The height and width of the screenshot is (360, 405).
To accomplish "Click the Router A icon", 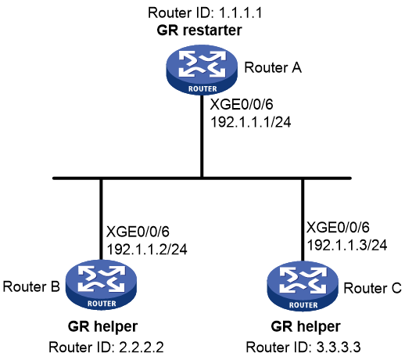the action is pos(202,70).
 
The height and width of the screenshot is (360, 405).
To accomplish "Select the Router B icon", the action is pos(101,285).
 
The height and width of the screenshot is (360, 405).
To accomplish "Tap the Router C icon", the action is pos(303,286).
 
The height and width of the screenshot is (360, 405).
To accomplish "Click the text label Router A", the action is pos(273,68).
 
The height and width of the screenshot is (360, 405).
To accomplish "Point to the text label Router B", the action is pos(31,286).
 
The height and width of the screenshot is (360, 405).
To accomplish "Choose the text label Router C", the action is pos(372,288).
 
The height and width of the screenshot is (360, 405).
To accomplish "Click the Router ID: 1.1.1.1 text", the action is pos(205,13).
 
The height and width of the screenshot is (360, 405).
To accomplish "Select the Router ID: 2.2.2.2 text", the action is pos(106,347).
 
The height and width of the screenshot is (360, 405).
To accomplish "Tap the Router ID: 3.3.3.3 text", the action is pos(303,347).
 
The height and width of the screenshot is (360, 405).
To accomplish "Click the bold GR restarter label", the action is pos(199,30).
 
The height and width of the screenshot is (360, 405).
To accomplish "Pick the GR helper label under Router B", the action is pos(102,326).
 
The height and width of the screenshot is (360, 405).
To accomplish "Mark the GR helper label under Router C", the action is pos(306,326).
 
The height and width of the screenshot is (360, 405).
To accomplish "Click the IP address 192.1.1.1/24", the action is pos(250,122).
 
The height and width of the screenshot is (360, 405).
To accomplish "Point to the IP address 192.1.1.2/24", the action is pos(147,250).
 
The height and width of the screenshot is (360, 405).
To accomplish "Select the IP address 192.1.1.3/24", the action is pos(347,245).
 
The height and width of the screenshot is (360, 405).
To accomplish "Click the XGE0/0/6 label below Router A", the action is pos(242,105).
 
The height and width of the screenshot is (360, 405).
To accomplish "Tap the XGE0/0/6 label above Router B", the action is pos(138,232).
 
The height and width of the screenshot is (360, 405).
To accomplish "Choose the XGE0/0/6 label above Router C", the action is pos(338,228).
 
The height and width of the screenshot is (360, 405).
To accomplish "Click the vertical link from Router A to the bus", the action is pos(202,136).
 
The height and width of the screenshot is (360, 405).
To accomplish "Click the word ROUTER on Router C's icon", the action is pos(303,305).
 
